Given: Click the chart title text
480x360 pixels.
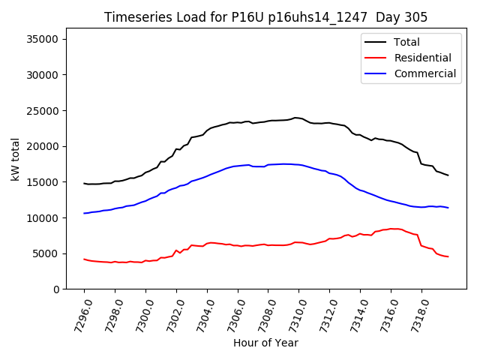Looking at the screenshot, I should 265,17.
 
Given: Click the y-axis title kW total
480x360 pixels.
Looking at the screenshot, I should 15,159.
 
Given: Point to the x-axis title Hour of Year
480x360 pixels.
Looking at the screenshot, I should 265,343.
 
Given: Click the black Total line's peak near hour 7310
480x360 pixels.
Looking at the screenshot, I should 295,118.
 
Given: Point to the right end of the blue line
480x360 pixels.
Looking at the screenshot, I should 448,208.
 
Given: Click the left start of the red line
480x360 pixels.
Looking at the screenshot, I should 84,259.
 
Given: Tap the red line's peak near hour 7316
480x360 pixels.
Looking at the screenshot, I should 392,229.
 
